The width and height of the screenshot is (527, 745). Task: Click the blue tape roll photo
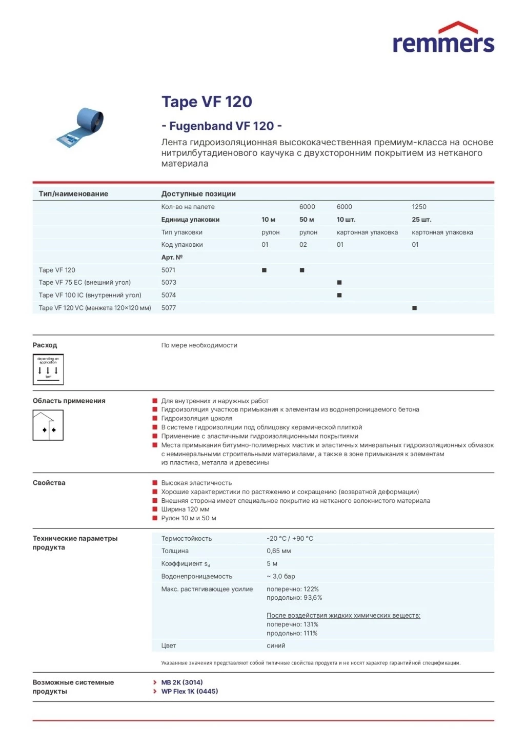[x=82, y=127]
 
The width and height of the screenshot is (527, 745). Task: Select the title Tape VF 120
[x=207, y=102]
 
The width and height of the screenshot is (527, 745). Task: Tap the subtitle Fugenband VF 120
[x=221, y=126]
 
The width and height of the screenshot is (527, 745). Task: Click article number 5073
[x=169, y=283]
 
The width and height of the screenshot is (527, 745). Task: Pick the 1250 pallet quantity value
[x=419, y=207]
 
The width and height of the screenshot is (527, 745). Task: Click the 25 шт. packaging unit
[x=421, y=220]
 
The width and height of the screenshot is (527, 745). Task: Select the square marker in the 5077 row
[x=414, y=308]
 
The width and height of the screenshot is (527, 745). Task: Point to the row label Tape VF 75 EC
[x=85, y=283]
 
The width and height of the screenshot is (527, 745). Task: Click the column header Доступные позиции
[x=198, y=194]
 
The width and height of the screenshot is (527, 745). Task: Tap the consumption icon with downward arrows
[x=48, y=369]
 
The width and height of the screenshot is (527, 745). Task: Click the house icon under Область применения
[x=48, y=426]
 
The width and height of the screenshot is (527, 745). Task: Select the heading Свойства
[x=49, y=483]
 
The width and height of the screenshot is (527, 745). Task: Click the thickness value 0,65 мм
[x=278, y=551]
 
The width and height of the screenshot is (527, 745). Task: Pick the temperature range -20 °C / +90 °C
[x=290, y=539]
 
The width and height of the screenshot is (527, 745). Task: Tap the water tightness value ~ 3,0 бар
[x=280, y=577]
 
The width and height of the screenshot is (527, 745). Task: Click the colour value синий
[x=276, y=646]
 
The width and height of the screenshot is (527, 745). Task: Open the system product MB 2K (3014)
[x=182, y=682]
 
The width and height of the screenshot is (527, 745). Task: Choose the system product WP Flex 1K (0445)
[x=190, y=692]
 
